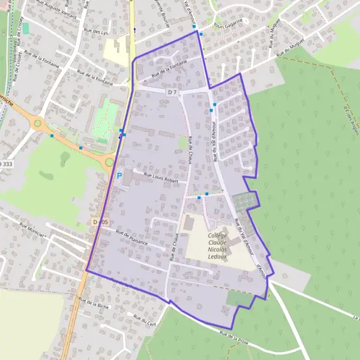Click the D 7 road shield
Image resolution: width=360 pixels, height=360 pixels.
(173, 92)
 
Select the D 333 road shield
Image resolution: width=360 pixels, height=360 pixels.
(5, 163)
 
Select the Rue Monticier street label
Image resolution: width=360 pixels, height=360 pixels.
(33, 230)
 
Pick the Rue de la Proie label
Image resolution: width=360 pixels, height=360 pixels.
(234, 335)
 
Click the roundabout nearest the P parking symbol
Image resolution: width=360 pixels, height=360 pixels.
(109, 161)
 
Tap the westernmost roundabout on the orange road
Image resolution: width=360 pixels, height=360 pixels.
(38, 124)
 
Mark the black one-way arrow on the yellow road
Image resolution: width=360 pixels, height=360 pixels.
(134, 29)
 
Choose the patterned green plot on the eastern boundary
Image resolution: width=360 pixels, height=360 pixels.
(245, 200)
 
